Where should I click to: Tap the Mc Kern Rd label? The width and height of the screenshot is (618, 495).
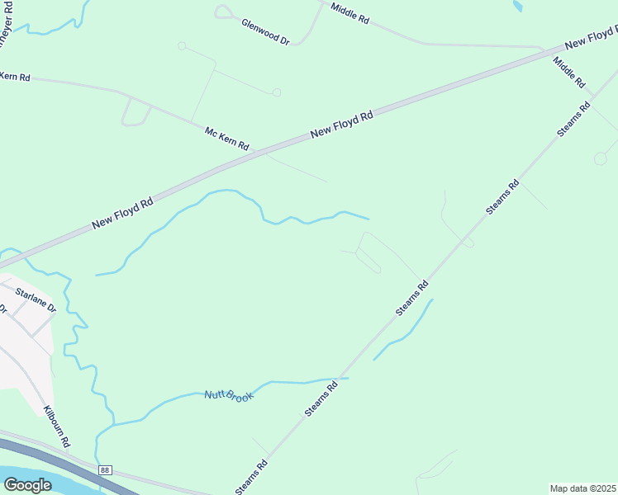coord(226,137)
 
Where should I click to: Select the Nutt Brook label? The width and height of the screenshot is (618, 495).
coord(228,395)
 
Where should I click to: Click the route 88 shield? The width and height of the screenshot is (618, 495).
coord(102,469)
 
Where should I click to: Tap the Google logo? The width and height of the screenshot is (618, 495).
coord(27,484)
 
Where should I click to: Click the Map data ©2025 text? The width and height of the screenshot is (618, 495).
coord(582,488)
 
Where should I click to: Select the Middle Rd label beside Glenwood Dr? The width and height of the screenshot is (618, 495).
coord(349,12)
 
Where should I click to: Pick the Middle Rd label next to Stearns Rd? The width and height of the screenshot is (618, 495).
coord(569,73)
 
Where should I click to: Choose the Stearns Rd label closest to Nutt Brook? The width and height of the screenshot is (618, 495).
coord(321,398)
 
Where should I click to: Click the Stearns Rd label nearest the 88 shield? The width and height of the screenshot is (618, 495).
coord(251,477)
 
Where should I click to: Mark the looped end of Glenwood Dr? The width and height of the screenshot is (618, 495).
coord(222,12)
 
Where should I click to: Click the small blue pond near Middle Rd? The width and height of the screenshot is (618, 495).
coord(517,6)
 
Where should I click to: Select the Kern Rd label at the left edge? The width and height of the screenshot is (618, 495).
coord(15,77)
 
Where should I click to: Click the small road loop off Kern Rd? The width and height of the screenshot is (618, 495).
coord(134,113)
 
